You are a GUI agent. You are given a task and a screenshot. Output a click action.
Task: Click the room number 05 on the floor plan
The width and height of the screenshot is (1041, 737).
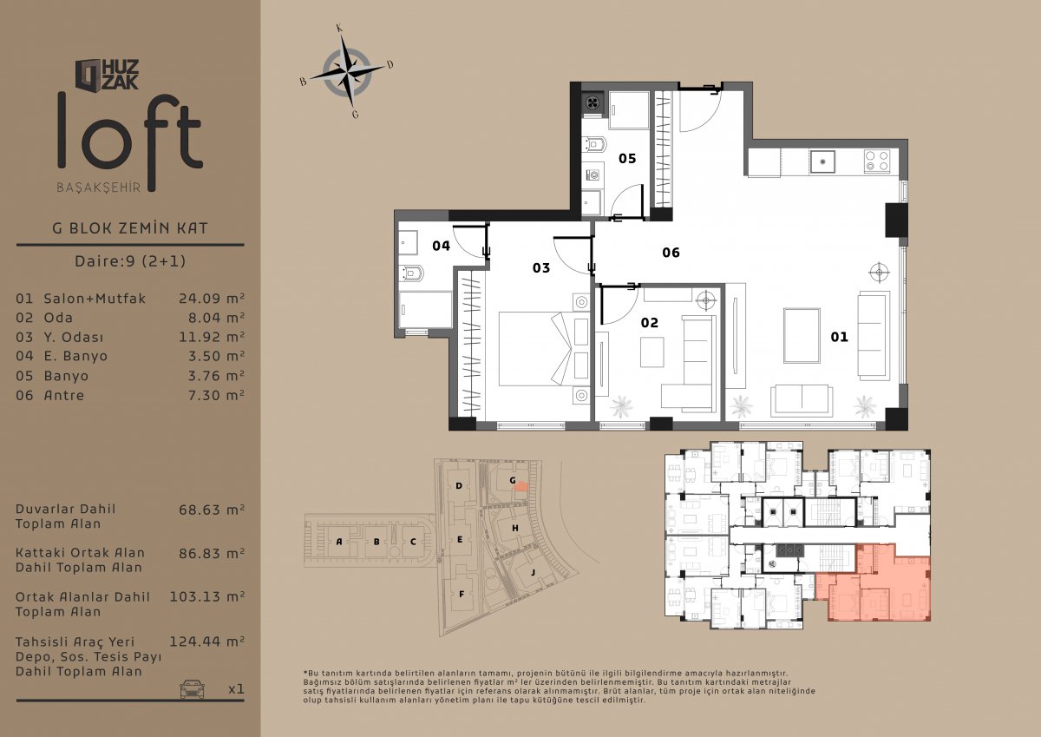coord(627,159)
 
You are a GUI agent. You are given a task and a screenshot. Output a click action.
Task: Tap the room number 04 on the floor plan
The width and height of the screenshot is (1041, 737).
coord(441,246)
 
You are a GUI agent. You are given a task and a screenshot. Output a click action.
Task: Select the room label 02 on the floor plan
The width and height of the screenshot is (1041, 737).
coord(649,323)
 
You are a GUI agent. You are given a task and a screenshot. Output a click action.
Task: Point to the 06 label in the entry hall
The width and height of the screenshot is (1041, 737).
coord(671,253)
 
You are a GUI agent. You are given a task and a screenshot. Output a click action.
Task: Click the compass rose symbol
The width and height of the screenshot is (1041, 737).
coord(347,72)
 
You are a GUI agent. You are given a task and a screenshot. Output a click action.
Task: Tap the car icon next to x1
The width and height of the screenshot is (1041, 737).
coord(192,689)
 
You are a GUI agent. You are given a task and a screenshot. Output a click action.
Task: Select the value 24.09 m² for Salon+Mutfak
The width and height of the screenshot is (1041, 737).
coord(212,298)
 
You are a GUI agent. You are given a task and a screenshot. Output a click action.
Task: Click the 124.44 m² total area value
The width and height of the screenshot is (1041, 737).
coord(206,642)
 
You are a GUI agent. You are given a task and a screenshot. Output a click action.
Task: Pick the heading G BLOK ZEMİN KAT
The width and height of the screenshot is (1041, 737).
coord(130,228)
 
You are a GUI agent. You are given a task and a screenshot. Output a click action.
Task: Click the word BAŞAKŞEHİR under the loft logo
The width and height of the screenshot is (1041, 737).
coord(99,188)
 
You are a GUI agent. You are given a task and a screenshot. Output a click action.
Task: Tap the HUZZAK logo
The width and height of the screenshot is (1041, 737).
coord(107,75)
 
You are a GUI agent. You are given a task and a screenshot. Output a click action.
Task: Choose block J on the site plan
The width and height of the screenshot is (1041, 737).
coord(533,572)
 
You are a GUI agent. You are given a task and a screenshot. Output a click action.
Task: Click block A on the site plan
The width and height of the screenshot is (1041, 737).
coord(339,541)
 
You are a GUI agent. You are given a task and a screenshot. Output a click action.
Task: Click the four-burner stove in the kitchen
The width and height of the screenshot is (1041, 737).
coord(877,161)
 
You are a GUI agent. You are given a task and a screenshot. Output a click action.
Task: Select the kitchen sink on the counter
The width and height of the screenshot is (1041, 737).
coord(822,161)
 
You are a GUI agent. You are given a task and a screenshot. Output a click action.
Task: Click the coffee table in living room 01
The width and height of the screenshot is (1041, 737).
coord(802,335)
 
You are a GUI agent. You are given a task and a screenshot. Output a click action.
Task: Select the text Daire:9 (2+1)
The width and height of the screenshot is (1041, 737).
coord(130,260)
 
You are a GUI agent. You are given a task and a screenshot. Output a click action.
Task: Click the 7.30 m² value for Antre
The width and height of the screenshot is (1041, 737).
coord(216,395)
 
